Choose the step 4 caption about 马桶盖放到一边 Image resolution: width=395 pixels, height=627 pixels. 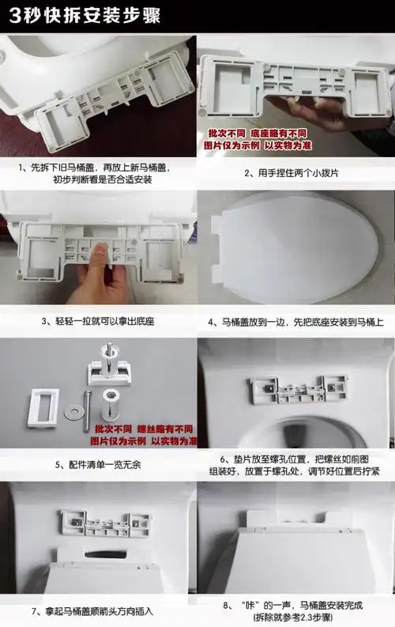(295, 322)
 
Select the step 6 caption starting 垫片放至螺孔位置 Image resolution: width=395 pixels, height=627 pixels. (295, 465)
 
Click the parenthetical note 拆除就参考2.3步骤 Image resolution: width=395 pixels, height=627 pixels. (295, 618)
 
